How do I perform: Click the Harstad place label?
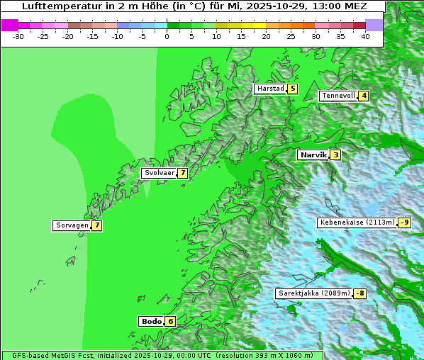tap(270, 89)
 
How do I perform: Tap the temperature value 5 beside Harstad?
tap(292, 89)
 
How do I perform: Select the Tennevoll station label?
tap(337, 96)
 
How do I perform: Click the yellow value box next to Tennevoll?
tap(364, 96)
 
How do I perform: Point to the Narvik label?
tap(313, 154)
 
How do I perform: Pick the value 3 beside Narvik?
tap(335, 154)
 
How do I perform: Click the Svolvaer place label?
tap(159, 173)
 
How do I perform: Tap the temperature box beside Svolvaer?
tap(182, 173)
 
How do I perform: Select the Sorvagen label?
tap(72, 225)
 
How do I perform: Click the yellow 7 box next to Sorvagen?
tap(96, 225)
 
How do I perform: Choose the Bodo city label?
tap(152, 321)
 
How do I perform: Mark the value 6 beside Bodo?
tap(170, 321)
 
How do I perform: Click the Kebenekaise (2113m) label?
tap(357, 223)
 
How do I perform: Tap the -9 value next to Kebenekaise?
tap(404, 223)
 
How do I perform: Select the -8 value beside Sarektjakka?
tap(360, 293)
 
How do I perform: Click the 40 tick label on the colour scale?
tap(364, 35)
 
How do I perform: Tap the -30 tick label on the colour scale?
tap(18, 35)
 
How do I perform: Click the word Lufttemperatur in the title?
tap(63, 6)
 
